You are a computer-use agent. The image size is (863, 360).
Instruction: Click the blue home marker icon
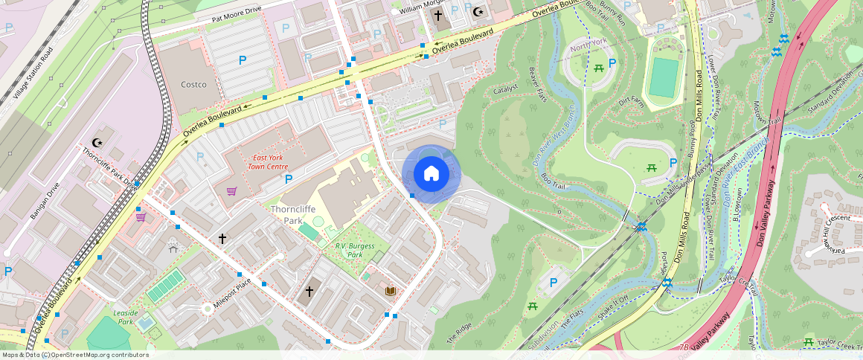431,174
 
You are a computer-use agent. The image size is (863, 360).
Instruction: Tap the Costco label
193,85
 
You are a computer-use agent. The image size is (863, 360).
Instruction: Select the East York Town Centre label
271,162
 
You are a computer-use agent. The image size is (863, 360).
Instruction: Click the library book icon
390,291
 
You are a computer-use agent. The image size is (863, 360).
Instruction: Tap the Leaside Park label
124,318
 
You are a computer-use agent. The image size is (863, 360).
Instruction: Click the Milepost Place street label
232,293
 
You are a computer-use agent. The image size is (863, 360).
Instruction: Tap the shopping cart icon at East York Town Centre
232,191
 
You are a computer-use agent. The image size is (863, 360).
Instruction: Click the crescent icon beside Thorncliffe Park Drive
96,142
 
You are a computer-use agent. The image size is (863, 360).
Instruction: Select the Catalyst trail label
505,89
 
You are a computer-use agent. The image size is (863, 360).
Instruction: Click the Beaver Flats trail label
537,84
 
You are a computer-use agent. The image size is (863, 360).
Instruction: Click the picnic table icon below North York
598,69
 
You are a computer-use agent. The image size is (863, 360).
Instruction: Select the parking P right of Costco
242,60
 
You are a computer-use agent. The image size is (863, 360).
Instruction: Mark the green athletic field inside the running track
664,77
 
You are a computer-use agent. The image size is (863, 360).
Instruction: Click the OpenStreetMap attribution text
74,355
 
